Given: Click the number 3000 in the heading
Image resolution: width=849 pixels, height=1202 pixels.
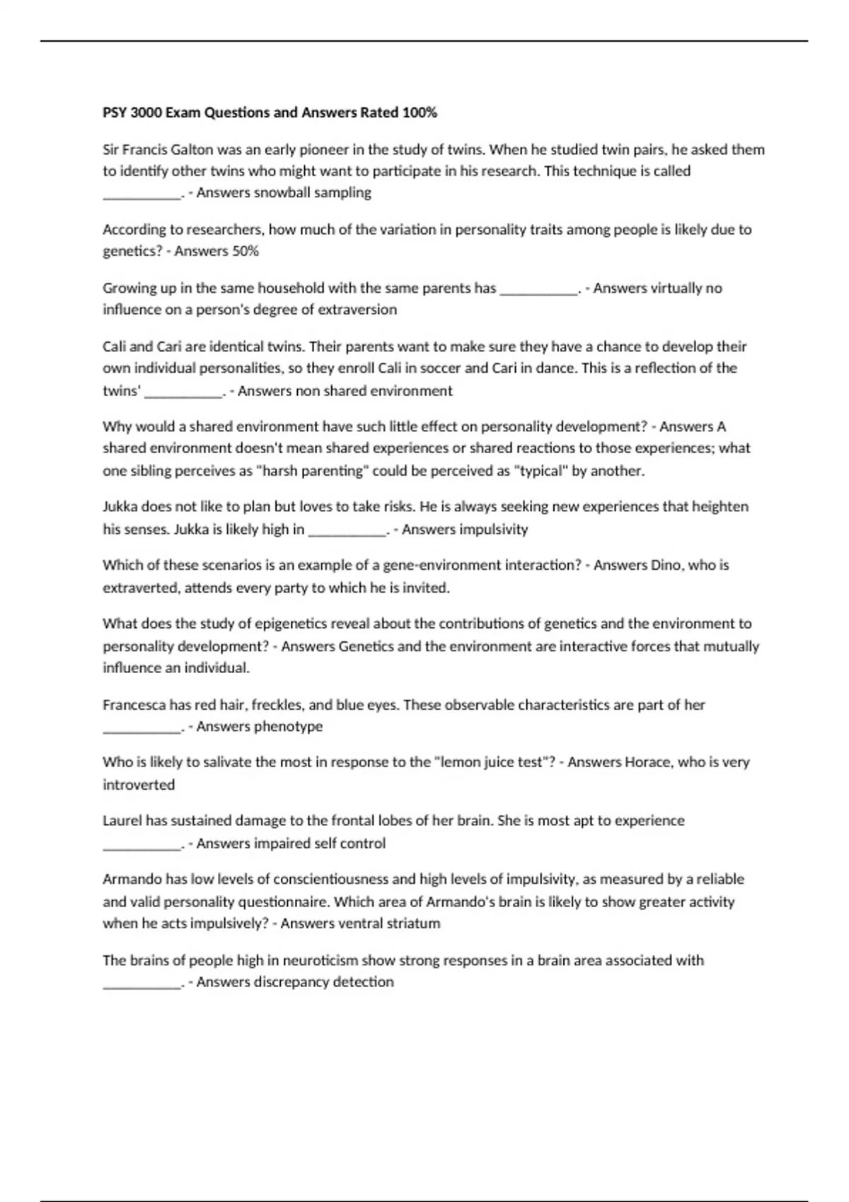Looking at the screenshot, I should [x=146, y=112].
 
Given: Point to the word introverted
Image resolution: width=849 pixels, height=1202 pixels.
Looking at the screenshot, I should [x=139, y=785].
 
